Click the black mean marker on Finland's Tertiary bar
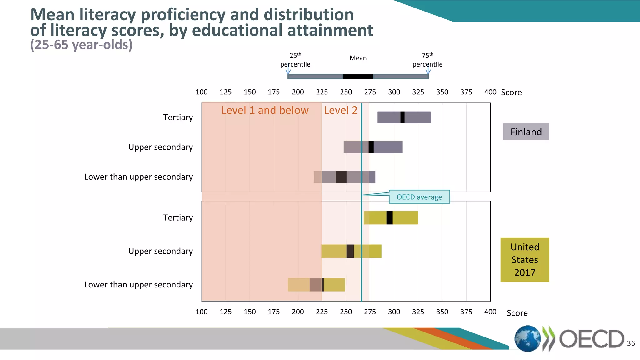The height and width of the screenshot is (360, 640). [402, 117]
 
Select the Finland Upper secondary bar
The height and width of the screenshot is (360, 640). [373, 147]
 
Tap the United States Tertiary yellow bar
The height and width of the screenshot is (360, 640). [391, 218]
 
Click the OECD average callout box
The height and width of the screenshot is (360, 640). [419, 197]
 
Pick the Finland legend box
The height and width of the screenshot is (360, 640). [526, 132]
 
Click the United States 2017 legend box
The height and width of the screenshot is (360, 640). [525, 260]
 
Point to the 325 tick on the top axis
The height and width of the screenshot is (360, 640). [418, 92]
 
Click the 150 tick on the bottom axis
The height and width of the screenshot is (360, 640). [250, 312]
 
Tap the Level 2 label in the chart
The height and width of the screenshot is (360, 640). [341, 110]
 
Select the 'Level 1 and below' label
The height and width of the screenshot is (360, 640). [265, 110]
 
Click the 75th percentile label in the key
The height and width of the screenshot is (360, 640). [427, 60]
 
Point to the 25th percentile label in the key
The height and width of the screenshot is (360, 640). [295, 60]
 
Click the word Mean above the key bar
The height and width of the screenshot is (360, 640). [358, 58]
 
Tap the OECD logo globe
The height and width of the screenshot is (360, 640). [527, 339]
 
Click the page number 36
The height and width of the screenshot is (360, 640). [631, 343]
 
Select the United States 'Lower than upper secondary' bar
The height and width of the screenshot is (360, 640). [316, 285]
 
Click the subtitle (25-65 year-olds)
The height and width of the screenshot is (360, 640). [81, 45]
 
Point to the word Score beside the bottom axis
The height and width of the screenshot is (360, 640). [517, 313]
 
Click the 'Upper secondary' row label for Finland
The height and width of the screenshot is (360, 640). [161, 147]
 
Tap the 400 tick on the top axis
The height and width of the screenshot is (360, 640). [490, 92]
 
